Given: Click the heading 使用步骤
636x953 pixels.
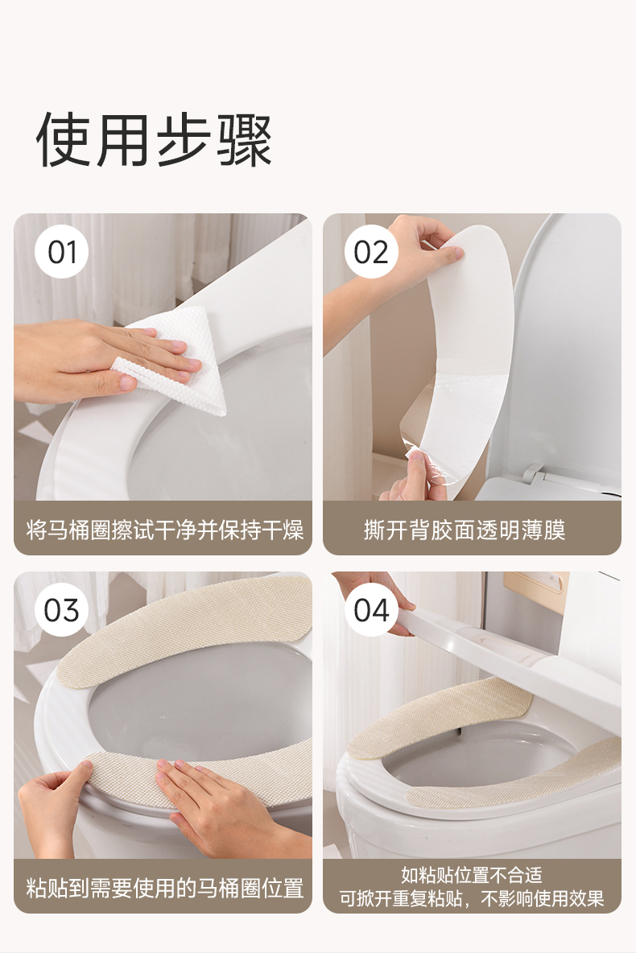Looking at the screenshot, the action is point(154,140).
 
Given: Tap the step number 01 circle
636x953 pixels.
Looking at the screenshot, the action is point(61,252).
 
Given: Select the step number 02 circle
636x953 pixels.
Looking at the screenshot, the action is point(371,252).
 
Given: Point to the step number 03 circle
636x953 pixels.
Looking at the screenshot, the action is point(61,609).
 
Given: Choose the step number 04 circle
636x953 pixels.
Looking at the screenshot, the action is point(371,609).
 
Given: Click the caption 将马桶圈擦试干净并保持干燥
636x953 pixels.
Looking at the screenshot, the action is point(164,530).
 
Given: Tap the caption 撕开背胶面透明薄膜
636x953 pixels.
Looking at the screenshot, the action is point(465,530).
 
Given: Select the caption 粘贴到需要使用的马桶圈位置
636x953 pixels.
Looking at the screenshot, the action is point(164,888).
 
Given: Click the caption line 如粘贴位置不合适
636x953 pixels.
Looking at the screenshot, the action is point(471,875).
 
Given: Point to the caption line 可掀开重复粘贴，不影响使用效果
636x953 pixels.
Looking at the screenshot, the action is point(471,898).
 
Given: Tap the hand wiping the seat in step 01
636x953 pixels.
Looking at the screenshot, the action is point(103,359).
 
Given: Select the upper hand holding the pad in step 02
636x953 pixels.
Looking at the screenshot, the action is point(395,267).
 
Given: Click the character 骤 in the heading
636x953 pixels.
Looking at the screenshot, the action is point(245,141).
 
